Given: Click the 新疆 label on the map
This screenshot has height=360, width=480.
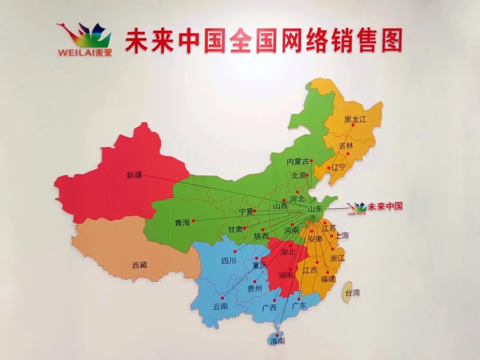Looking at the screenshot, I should point(134,175).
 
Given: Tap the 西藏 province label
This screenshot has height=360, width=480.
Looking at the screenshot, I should point(140,265).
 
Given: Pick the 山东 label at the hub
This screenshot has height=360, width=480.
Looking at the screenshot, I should point(315,208).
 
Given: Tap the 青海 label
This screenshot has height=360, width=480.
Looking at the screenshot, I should point(182,223).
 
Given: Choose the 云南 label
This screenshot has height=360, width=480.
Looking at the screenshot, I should point(220,307).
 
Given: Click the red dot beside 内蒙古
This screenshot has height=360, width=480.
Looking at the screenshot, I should point(312,161).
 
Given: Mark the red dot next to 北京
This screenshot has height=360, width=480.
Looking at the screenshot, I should point(307,175).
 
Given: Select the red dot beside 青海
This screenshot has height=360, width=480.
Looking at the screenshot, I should point(193,220).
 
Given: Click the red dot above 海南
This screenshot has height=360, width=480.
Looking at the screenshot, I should point(277,335).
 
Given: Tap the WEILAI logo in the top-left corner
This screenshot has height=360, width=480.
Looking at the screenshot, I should point(84,40).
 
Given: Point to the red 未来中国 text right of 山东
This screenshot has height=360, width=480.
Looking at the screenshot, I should point(385,206).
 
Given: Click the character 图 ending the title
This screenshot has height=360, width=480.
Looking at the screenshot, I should point(391,40).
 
